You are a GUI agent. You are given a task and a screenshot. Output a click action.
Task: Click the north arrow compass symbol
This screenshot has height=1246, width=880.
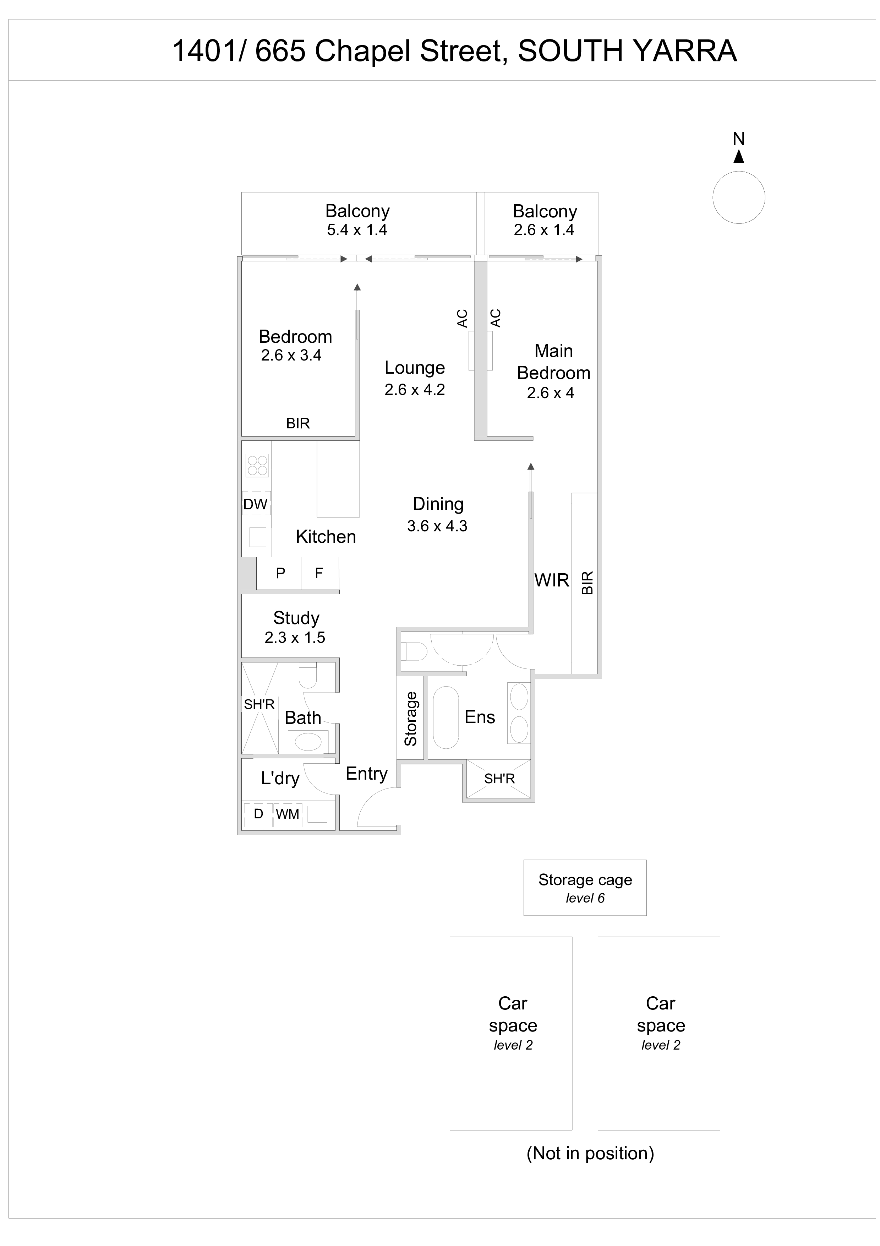point(738,196)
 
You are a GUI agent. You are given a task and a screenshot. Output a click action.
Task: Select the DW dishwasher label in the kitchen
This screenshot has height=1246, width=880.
point(255,504)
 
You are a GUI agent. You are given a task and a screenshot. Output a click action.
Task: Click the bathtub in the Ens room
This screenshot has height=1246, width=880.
point(446,717)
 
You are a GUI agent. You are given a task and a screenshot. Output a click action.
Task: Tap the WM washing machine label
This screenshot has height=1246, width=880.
point(288,814)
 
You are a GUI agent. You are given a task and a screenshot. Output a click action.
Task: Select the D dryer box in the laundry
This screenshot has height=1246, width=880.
point(258,814)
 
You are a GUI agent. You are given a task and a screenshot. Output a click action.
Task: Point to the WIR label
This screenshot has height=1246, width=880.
point(551,580)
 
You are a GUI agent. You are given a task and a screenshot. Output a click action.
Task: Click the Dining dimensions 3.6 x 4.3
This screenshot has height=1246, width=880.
point(437,526)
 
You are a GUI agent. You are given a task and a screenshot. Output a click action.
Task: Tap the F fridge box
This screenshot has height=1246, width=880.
point(319,573)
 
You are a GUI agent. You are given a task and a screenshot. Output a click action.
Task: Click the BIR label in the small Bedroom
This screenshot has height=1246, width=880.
point(298,423)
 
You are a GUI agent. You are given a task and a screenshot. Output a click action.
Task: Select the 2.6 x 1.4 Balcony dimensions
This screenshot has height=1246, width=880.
point(544,230)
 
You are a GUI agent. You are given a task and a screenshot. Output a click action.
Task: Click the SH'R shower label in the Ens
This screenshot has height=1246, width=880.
point(499,779)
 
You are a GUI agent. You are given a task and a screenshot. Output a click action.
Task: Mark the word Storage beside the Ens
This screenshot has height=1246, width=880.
point(410,719)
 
